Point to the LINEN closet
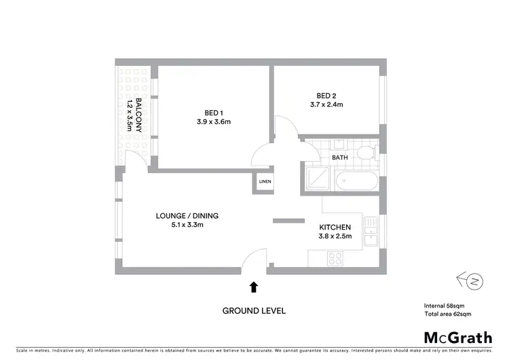coord(265,182)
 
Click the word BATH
coord(340,158)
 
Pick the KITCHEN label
coord(335,227)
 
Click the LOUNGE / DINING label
coord(187,216)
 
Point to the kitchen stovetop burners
coord(335,257)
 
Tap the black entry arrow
coord(254,287)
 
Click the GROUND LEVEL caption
coord(254,311)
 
